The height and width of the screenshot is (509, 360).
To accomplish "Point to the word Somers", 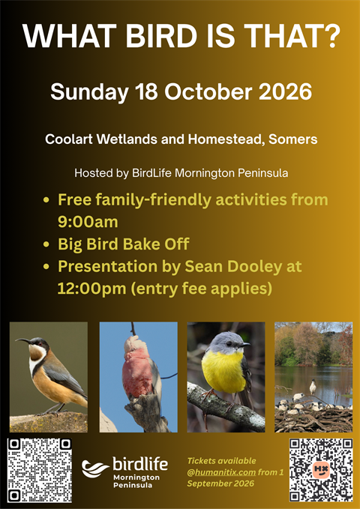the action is coord(293,139).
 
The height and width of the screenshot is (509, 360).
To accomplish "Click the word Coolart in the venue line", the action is coord(69,139).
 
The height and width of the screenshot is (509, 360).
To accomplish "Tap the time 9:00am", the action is coord(88,222).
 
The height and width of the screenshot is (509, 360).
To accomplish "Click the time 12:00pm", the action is coord(91,289).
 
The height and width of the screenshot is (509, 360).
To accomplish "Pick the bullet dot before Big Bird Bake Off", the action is coord(46,244).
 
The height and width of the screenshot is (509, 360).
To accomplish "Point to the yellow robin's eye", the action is coord(229,344).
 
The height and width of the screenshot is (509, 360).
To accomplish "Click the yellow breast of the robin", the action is coord(223,371).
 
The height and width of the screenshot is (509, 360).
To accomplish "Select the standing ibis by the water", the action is coord(313,387).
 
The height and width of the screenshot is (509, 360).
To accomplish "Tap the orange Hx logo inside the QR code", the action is coord(321,469).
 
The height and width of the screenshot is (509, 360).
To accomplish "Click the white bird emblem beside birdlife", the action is coord(94,469).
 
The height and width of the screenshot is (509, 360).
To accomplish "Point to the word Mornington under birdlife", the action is coord(136,478).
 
